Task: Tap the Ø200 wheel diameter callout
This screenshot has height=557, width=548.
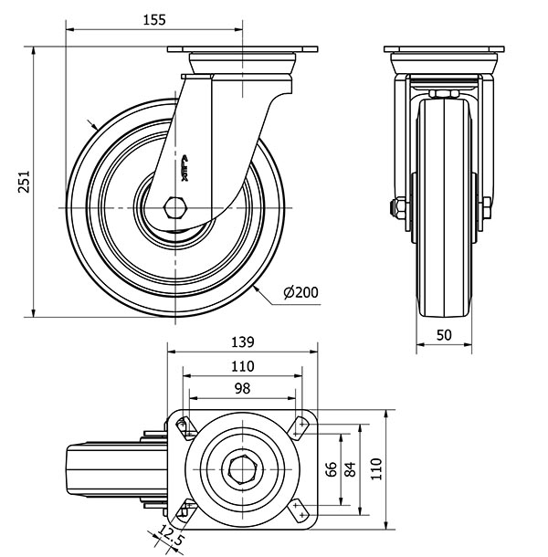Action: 300,292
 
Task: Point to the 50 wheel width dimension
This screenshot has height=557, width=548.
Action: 445,335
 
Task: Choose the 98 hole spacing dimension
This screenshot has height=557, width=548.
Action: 241,389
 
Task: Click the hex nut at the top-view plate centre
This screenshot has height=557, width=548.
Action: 242,469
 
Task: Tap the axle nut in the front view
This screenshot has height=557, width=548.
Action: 399,207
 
